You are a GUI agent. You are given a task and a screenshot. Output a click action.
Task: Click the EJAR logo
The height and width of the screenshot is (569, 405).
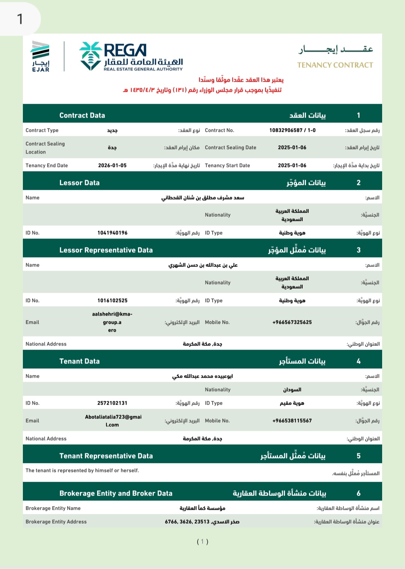[40, 56]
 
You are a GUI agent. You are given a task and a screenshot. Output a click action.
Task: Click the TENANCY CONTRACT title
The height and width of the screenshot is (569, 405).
[335, 65]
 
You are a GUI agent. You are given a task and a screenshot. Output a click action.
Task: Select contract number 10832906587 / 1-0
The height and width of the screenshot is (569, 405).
[292, 130]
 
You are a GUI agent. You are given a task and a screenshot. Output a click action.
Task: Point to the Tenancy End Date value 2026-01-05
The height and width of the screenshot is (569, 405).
[112, 165]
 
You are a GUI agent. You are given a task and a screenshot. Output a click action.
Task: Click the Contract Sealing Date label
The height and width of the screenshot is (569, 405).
[230, 147]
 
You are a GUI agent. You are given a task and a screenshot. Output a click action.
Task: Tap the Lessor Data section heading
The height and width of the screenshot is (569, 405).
[79, 183]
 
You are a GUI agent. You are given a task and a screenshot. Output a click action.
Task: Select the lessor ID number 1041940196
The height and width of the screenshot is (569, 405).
[112, 233]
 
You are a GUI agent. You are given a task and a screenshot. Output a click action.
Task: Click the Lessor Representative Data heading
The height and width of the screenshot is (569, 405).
[106, 250]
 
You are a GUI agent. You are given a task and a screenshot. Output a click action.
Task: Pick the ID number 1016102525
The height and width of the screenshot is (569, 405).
[112, 301]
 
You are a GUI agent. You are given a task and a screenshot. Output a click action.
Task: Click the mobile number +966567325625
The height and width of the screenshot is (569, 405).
[292, 322]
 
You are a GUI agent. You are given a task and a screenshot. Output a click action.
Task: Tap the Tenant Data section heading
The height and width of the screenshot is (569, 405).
[79, 361]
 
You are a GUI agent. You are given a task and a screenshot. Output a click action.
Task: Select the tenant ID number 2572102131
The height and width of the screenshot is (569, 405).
[112, 403]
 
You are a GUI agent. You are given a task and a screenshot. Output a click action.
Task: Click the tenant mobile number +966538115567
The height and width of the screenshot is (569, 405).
[292, 421]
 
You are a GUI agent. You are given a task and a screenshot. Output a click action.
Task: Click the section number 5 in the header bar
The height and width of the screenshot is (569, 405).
[358, 456]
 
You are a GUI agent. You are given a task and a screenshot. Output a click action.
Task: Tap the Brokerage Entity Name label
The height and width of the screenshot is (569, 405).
[53, 508]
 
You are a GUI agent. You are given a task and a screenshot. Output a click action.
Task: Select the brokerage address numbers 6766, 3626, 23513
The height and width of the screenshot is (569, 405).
[187, 522]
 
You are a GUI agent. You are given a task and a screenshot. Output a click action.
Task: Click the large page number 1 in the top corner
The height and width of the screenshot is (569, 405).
[20, 19]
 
